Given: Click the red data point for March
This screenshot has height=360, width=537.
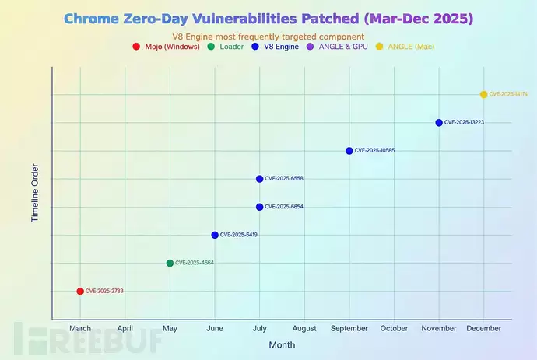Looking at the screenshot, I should [80, 291].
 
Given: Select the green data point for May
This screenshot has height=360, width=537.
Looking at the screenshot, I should [170, 263].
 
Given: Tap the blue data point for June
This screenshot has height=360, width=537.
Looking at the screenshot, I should [215, 235].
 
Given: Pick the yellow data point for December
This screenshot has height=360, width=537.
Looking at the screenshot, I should [483, 94].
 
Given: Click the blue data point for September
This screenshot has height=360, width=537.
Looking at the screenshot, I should [349, 151].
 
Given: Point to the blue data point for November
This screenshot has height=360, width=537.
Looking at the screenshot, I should [439, 122].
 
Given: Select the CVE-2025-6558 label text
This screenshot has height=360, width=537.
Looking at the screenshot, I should [284, 179].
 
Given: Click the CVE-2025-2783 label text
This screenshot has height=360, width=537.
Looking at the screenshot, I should [104, 291].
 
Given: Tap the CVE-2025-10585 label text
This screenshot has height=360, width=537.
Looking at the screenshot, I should [374, 151].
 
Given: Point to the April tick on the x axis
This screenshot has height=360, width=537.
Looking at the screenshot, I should [125, 328].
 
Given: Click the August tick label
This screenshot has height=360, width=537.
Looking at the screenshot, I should [304, 328].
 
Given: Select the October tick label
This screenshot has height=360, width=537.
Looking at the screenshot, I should [394, 328].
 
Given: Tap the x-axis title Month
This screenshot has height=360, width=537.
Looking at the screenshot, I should [282, 344].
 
